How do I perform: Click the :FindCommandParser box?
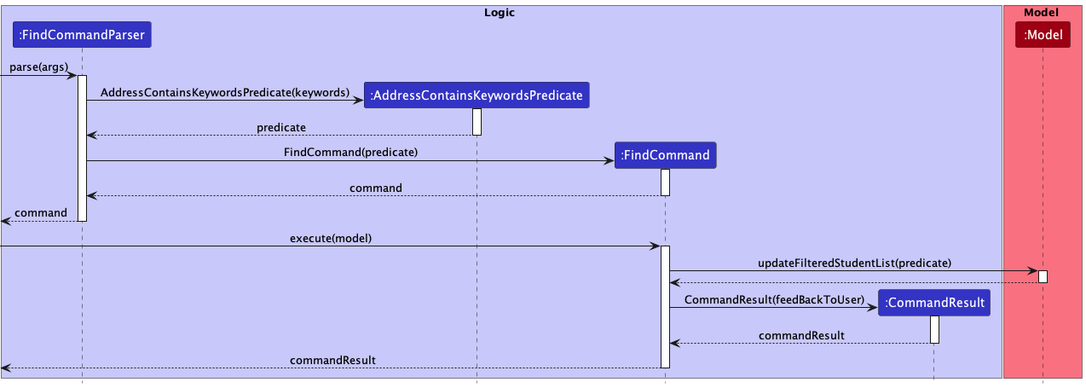tap(82, 35)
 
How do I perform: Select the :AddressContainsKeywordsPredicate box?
tap(477, 96)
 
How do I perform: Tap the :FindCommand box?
tap(665, 155)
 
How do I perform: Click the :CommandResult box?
tap(934, 303)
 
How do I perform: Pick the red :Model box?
tap(1043, 35)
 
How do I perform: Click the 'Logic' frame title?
tap(500, 13)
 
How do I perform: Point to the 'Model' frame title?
tap(1043, 13)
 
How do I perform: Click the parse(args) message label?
tap(39, 67)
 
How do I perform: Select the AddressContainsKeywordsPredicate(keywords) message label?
tap(225, 92)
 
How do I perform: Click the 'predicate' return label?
tap(281, 127)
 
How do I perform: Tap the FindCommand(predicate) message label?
tap(350, 153)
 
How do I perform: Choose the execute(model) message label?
tap(331, 238)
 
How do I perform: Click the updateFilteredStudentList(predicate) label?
tap(854, 263)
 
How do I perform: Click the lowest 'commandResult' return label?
tap(332, 361)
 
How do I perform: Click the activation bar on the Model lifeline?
tap(1043, 276)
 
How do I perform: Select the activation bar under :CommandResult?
tap(934, 329)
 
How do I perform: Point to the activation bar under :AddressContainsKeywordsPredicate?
tap(477, 121)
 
